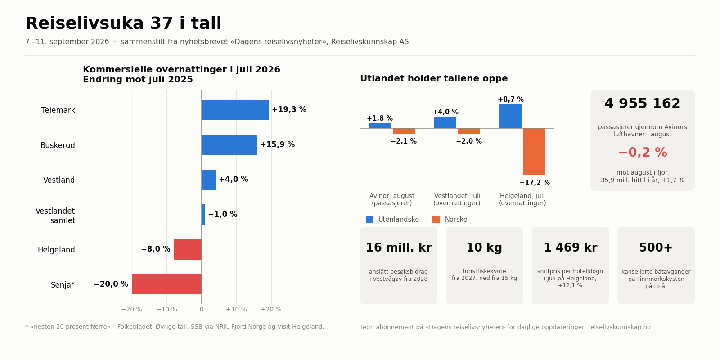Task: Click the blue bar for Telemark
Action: [x=235, y=110]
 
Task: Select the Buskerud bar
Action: [x=229, y=144]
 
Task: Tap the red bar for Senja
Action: [x=166, y=284]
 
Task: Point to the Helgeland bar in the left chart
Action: [x=187, y=249]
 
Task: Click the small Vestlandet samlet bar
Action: [x=203, y=214]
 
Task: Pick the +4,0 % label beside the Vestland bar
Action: [x=234, y=180]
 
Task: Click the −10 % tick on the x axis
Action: [x=166, y=310]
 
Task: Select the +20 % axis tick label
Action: [x=271, y=310]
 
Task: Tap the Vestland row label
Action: [x=59, y=180]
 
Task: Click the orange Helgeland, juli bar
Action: [x=534, y=152]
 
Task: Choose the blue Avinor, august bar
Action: [x=380, y=126]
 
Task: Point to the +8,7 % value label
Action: [x=511, y=99]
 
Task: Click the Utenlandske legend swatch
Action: [x=369, y=220]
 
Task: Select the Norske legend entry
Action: [x=450, y=220]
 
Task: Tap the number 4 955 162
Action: [x=642, y=104]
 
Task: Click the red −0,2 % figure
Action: [x=643, y=153]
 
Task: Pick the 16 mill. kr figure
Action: [x=399, y=248]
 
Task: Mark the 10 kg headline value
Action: [x=484, y=248]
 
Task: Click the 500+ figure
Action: [x=656, y=248]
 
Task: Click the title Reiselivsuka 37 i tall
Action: [x=123, y=23]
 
